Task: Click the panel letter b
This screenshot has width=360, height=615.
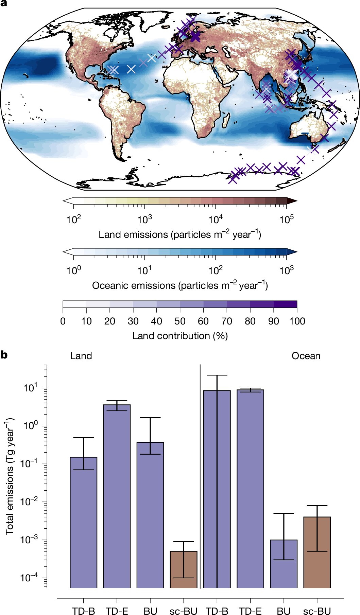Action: coord(4,355)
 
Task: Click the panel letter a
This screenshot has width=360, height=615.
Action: coord(4,4)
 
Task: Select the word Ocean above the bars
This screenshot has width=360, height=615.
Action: coord(306,356)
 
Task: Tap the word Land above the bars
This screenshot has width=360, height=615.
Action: coord(81,356)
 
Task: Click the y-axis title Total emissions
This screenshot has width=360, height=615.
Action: coord(10,476)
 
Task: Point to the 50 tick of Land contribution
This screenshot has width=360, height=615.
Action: coord(180,321)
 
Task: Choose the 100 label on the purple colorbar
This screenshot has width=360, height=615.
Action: coord(297,321)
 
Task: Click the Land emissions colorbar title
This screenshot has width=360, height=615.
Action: coord(180,234)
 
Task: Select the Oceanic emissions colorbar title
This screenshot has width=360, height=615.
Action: coord(180,285)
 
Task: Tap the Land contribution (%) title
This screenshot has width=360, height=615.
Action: coord(180,336)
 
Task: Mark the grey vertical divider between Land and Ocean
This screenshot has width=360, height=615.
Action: coord(200,476)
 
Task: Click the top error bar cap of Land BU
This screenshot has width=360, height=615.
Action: coord(150,418)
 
